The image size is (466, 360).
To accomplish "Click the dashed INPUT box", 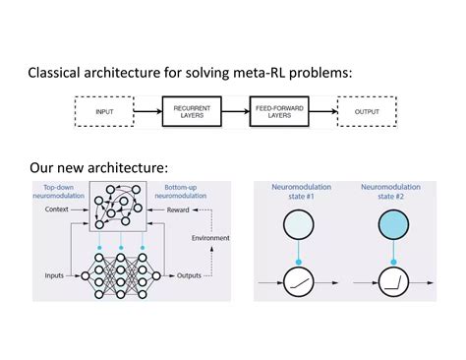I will (104, 112).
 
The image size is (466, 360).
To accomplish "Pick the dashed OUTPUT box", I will (366, 112).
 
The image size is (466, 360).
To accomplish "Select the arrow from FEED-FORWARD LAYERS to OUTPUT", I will (322, 112).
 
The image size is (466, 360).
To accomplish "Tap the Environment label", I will (210, 237).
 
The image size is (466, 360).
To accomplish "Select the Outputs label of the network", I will (184, 274).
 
